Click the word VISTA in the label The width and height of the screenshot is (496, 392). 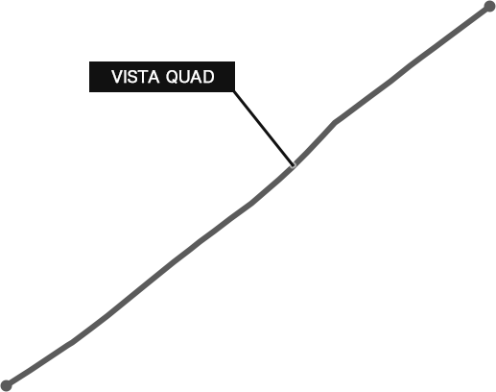tap(135, 77)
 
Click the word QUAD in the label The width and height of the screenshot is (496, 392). tap(190, 77)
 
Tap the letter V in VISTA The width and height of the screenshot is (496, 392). tap(117, 77)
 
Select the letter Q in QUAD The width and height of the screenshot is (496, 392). tap(173, 77)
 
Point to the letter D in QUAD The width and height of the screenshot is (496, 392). tap(209, 77)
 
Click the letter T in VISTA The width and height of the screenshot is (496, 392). tap(144, 77)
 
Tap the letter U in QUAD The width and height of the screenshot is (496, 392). tap(185, 77)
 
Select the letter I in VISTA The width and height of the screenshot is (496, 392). tap(126, 77)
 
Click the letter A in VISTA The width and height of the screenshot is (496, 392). tap(154, 77)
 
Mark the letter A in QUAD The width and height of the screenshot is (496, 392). tap(198, 77)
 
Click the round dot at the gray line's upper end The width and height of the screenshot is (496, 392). tap(489, 7)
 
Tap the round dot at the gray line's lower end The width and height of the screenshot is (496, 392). tap(6, 385)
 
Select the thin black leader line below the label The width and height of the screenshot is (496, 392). tap(263, 128)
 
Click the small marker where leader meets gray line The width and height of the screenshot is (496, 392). tap(293, 165)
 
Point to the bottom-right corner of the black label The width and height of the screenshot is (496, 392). tap(235, 92)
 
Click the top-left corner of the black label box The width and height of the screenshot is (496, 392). tap(89, 61)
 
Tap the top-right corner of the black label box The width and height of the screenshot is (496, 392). tap(235, 61)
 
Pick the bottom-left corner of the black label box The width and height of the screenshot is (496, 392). tap(89, 92)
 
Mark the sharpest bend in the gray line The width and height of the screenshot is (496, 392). tap(335, 123)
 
